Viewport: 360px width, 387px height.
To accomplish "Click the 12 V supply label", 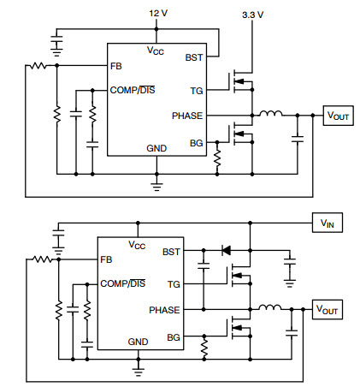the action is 158,13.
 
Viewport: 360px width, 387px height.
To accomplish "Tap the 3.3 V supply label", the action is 252,15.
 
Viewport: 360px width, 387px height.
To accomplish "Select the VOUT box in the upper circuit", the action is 338,116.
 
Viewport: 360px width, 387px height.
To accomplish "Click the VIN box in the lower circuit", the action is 328,223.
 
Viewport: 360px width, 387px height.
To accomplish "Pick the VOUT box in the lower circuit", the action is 328,309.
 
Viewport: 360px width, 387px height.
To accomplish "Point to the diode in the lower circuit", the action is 227,251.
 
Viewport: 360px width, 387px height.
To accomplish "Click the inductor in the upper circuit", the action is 271,113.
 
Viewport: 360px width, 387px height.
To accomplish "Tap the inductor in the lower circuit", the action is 269,307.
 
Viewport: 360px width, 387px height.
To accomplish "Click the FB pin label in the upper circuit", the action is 116,66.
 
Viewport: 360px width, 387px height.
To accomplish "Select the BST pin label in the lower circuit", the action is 171,252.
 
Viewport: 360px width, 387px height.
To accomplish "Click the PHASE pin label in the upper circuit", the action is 187,116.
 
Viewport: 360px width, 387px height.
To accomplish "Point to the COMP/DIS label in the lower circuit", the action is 123,283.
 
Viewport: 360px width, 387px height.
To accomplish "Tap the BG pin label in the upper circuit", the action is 197,143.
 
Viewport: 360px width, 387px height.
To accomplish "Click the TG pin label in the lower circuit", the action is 174,284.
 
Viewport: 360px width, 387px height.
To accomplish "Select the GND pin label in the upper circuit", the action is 156,148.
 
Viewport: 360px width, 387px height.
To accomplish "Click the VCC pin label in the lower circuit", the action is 137,245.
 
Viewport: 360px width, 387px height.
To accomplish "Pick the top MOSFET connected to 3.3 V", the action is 241,81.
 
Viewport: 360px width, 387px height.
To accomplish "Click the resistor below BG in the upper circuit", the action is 217,158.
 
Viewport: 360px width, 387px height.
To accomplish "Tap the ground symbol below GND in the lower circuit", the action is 138,372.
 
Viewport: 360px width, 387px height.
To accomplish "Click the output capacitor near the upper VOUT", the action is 298,140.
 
